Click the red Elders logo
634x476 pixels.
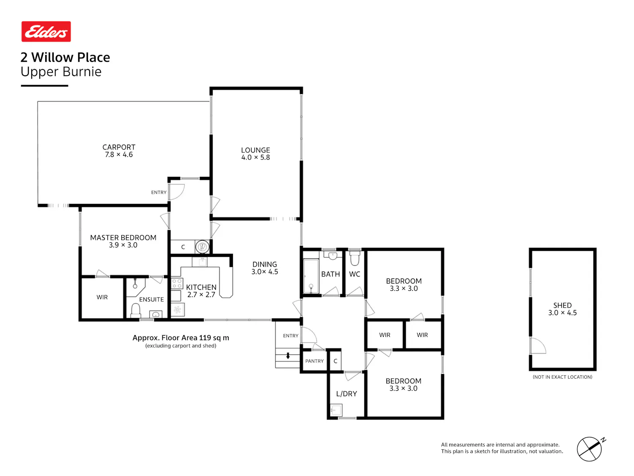[x=46, y=31]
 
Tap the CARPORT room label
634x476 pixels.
[x=119, y=147]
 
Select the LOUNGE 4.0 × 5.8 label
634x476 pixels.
[x=255, y=154]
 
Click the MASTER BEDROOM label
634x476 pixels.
[x=123, y=237]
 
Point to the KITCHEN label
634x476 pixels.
[x=201, y=287]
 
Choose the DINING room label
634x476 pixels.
[x=264, y=264]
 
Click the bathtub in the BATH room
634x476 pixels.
[x=311, y=276]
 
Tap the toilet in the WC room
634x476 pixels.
[x=354, y=258]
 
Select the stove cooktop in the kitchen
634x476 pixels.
[x=177, y=283]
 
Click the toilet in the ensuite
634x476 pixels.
[x=136, y=310]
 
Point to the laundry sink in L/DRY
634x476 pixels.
[x=336, y=410]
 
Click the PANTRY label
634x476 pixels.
[x=314, y=361]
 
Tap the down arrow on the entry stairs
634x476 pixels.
[x=288, y=356]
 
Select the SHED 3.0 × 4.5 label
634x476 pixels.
[x=562, y=309]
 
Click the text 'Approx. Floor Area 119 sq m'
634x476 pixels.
[x=180, y=338]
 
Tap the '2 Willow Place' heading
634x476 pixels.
[x=65, y=57]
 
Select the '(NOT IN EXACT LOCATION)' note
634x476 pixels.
[x=562, y=377]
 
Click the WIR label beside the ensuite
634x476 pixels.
[x=102, y=297]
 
